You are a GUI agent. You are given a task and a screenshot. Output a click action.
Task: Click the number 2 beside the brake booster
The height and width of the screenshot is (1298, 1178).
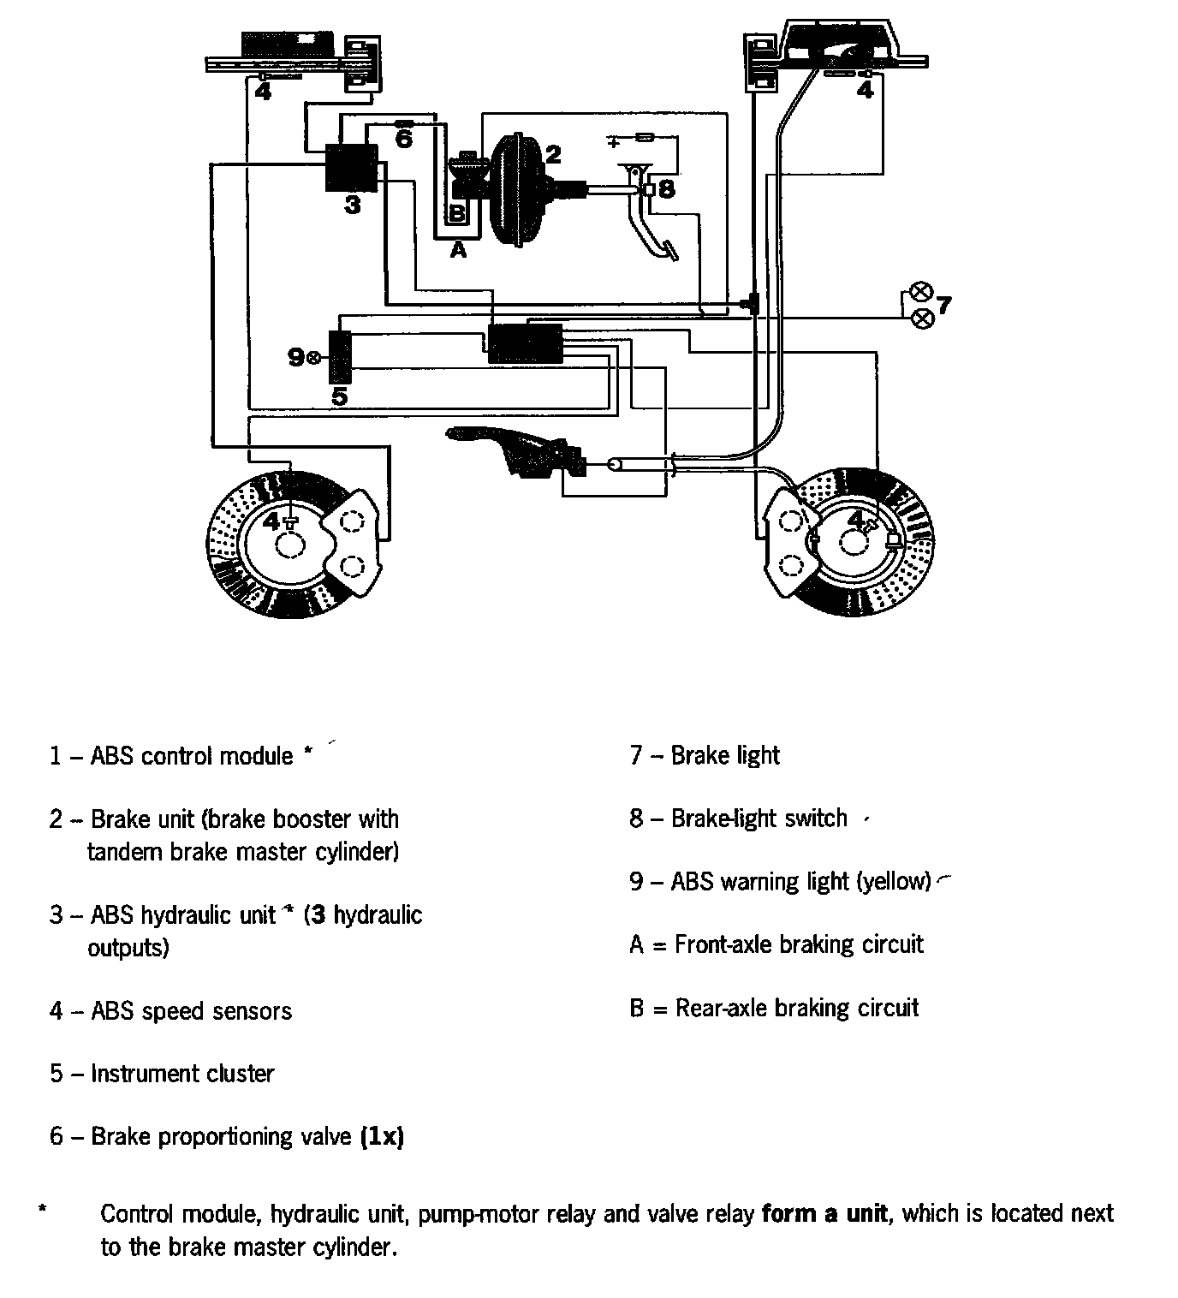point(553,154)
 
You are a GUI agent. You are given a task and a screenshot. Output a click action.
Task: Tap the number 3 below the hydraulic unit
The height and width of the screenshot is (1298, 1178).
point(353,205)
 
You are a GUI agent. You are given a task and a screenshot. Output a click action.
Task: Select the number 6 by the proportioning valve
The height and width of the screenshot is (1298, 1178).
point(404,139)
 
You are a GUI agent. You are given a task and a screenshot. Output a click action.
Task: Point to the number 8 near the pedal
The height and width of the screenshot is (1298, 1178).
point(667,188)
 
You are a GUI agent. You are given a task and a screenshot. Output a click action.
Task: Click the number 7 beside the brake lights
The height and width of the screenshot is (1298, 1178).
point(943,305)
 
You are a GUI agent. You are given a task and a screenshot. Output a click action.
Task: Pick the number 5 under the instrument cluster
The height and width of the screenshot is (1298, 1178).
point(340,396)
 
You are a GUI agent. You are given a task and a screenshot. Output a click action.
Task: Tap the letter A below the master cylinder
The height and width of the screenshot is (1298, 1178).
point(459,251)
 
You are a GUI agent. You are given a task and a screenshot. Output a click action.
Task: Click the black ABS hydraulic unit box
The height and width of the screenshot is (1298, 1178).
point(351,167)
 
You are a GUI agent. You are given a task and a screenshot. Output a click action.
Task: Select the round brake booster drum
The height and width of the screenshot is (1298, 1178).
point(514,190)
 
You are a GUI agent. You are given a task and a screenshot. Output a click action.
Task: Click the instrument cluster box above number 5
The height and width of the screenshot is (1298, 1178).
point(341,356)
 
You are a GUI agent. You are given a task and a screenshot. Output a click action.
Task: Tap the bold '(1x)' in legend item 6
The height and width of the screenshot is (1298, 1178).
point(382,1137)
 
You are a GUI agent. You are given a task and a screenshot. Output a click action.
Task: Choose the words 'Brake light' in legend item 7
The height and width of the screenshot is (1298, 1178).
point(725,755)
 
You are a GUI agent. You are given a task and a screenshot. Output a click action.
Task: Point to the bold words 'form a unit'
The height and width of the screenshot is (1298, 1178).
point(824,1213)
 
